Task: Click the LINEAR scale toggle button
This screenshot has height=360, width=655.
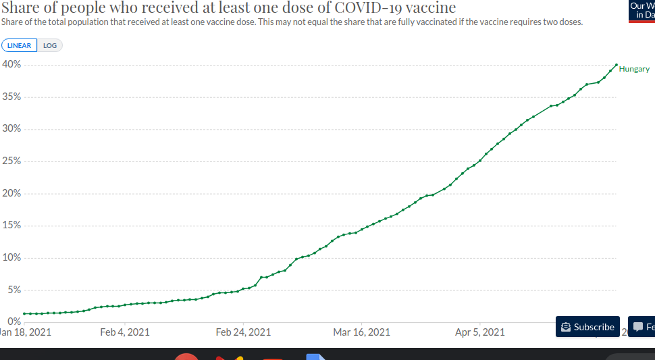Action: point(19,45)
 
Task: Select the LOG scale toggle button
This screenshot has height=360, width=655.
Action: point(50,45)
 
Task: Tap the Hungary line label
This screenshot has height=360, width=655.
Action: point(634,69)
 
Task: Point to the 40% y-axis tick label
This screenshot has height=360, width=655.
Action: point(11,64)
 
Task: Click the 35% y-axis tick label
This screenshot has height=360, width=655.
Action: point(11,97)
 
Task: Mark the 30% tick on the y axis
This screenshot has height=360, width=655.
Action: point(11,129)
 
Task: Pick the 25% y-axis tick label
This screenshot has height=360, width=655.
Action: point(11,161)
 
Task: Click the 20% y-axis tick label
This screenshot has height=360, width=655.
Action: point(11,194)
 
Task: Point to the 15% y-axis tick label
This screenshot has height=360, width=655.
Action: point(11,226)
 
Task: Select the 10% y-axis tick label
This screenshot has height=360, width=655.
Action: point(11,258)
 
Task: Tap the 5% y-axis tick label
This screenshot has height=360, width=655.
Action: point(14,290)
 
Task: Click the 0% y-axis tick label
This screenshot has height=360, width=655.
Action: point(14,322)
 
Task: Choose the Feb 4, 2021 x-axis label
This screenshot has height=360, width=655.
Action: point(124,332)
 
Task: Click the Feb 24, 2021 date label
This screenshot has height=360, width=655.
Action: point(243,332)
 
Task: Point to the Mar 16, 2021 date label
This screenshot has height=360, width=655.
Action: point(361,332)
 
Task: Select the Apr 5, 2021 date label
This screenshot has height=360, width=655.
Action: point(479,332)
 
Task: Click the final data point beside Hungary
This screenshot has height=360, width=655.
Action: point(616,65)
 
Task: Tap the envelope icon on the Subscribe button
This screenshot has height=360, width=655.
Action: point(566,327)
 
